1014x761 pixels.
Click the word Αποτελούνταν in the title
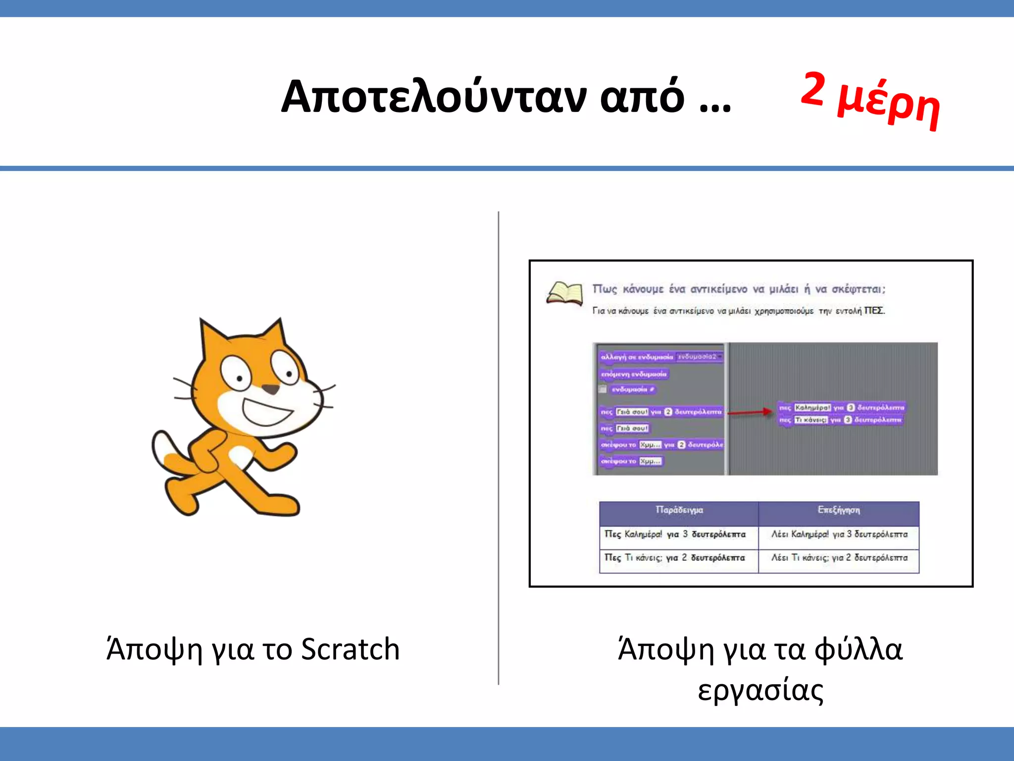point(433,97)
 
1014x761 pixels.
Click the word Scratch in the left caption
point(350,649)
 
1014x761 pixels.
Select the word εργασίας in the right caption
point(760,690)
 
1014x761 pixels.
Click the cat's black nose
point(270,389)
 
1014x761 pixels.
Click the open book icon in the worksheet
point(564,293)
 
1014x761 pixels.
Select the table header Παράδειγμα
point(679,510)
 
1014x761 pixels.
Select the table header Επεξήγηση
point(838,510)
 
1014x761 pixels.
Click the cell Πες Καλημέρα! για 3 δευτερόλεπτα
point(675,534)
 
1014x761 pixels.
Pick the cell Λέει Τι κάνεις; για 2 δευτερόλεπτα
point(839,558)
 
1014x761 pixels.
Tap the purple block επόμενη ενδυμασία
point(634,374)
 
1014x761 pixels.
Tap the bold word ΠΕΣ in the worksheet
point(874,311)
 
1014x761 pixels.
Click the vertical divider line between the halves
point(499,446)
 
